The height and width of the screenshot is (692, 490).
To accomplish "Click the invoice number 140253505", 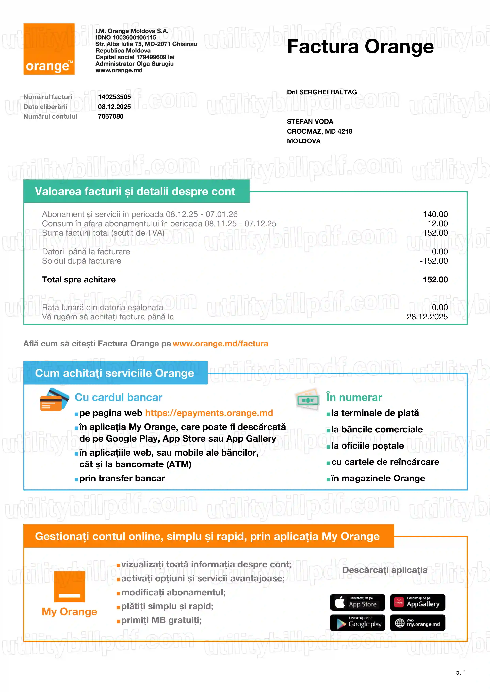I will [x=114, y=97].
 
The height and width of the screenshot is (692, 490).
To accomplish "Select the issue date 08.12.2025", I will [x=114, y=107].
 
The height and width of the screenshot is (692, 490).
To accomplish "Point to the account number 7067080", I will [x=111, y=116].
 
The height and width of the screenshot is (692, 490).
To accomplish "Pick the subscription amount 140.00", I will [x=435, y=214].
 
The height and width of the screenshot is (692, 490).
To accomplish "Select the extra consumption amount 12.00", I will [x=437, y=224].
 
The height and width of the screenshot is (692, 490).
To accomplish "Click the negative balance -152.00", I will [x=433, y=261].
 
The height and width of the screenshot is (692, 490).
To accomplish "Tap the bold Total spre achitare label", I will [x=79, y=280].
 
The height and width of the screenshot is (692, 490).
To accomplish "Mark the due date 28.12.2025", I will [x=427, y=317].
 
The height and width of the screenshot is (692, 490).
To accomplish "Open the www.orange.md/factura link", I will [x=220, y=344].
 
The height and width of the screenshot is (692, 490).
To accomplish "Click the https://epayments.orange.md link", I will [x=209, y=413].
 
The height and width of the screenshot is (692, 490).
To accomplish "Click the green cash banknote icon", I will [x=307, y=399].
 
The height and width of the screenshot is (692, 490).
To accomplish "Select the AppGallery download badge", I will [x=417, y=602].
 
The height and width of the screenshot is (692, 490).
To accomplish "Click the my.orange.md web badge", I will [x=417, y=623].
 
